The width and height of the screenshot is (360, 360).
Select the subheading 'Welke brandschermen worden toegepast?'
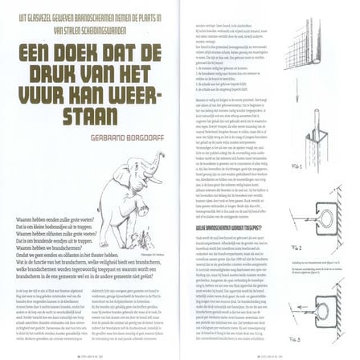pos(229,228)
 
